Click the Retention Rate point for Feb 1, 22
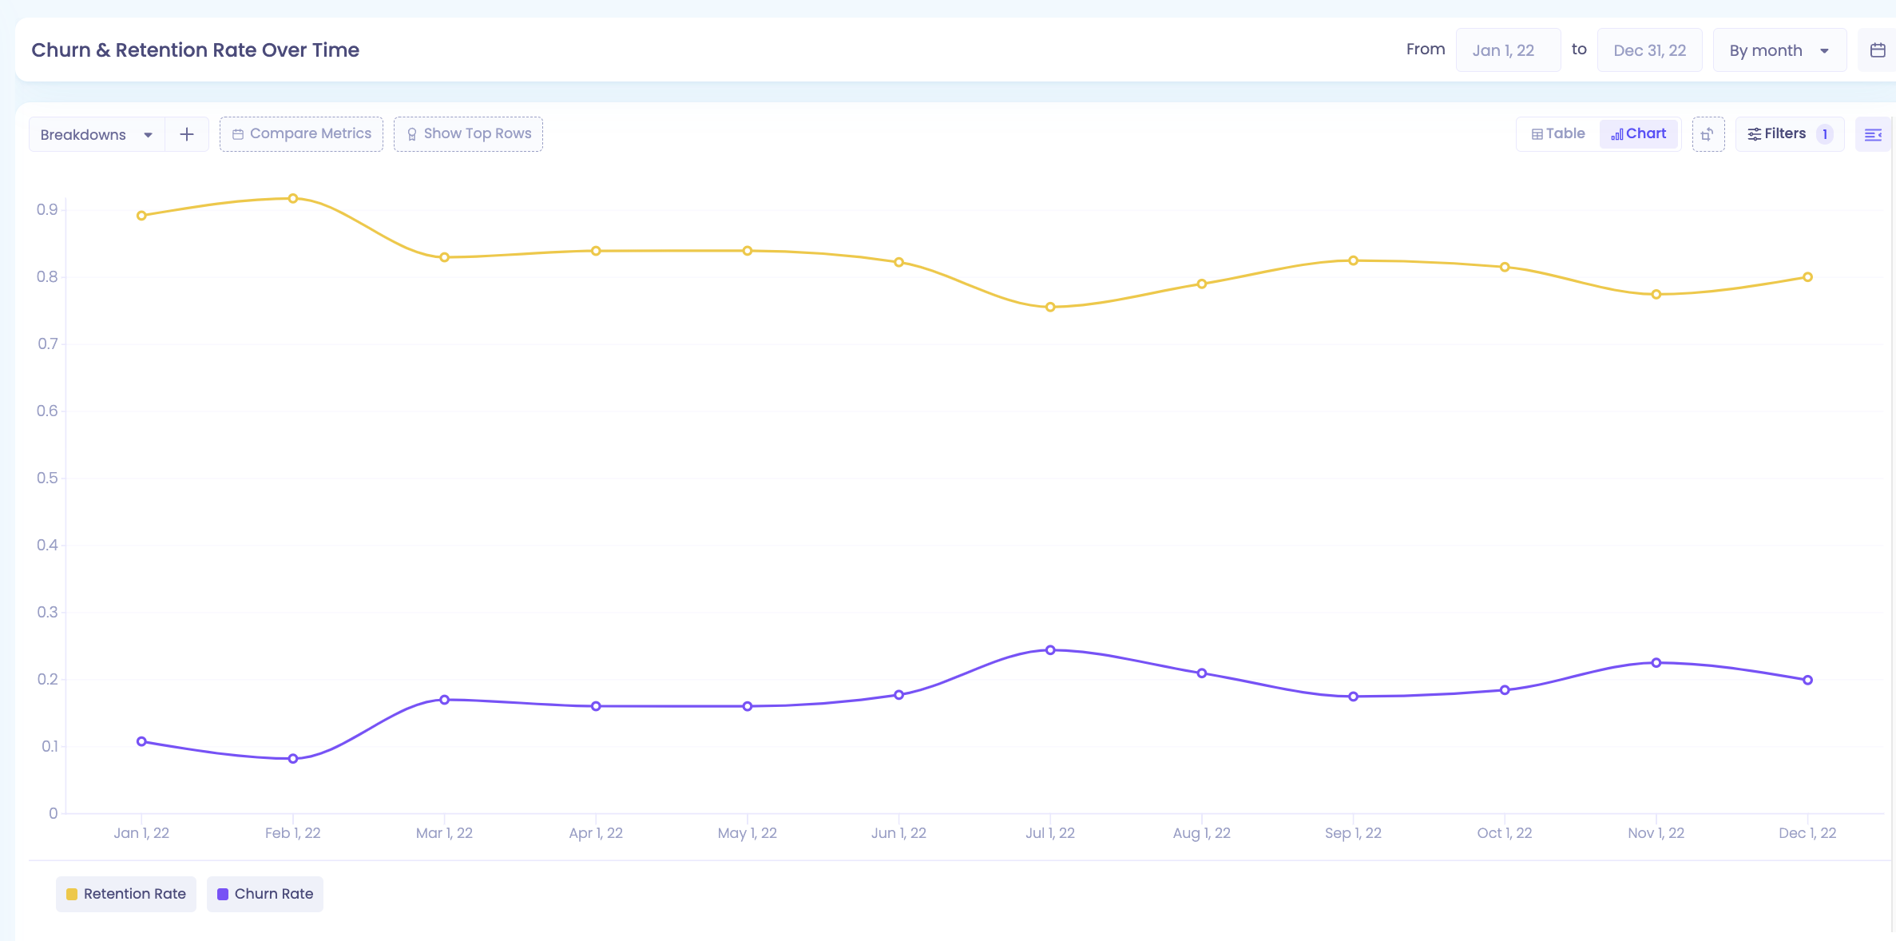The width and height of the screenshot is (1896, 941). click(x=293, y=198)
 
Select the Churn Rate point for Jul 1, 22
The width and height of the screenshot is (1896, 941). click(x=1050, y=650)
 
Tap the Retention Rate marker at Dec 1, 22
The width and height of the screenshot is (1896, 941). click(x=1807, y=277)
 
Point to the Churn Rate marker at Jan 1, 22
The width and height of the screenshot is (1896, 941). click(x=141, y=741)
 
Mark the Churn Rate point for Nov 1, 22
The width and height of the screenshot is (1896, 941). click(x=1656, y=663)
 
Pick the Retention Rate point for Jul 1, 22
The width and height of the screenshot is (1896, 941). click(x=1050, y=307)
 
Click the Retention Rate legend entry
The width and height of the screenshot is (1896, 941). click(x=126, y=894)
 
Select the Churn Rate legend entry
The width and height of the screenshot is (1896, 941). click(x=265, y=894)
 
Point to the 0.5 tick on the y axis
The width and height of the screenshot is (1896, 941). click(x=47, y=478)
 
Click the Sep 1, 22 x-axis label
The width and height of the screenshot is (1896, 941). click(x=1353, y=833)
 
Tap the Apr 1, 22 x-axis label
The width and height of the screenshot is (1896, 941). click(x=596, y=833)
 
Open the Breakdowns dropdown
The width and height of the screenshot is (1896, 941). click(x=97, y=134)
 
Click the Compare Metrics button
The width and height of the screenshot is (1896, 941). click(x=301, y=134)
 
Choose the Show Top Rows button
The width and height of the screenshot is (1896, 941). click(x=468, y=134)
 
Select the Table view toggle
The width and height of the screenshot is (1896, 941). click(x=1558, y=134)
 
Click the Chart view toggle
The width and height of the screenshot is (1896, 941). click(x=1639, y=134)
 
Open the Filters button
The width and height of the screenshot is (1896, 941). click(x=1790, y=134)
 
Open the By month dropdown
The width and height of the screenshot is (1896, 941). click(x=1779, y=50)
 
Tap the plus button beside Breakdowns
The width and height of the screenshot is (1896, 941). click(x=187, y=134)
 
